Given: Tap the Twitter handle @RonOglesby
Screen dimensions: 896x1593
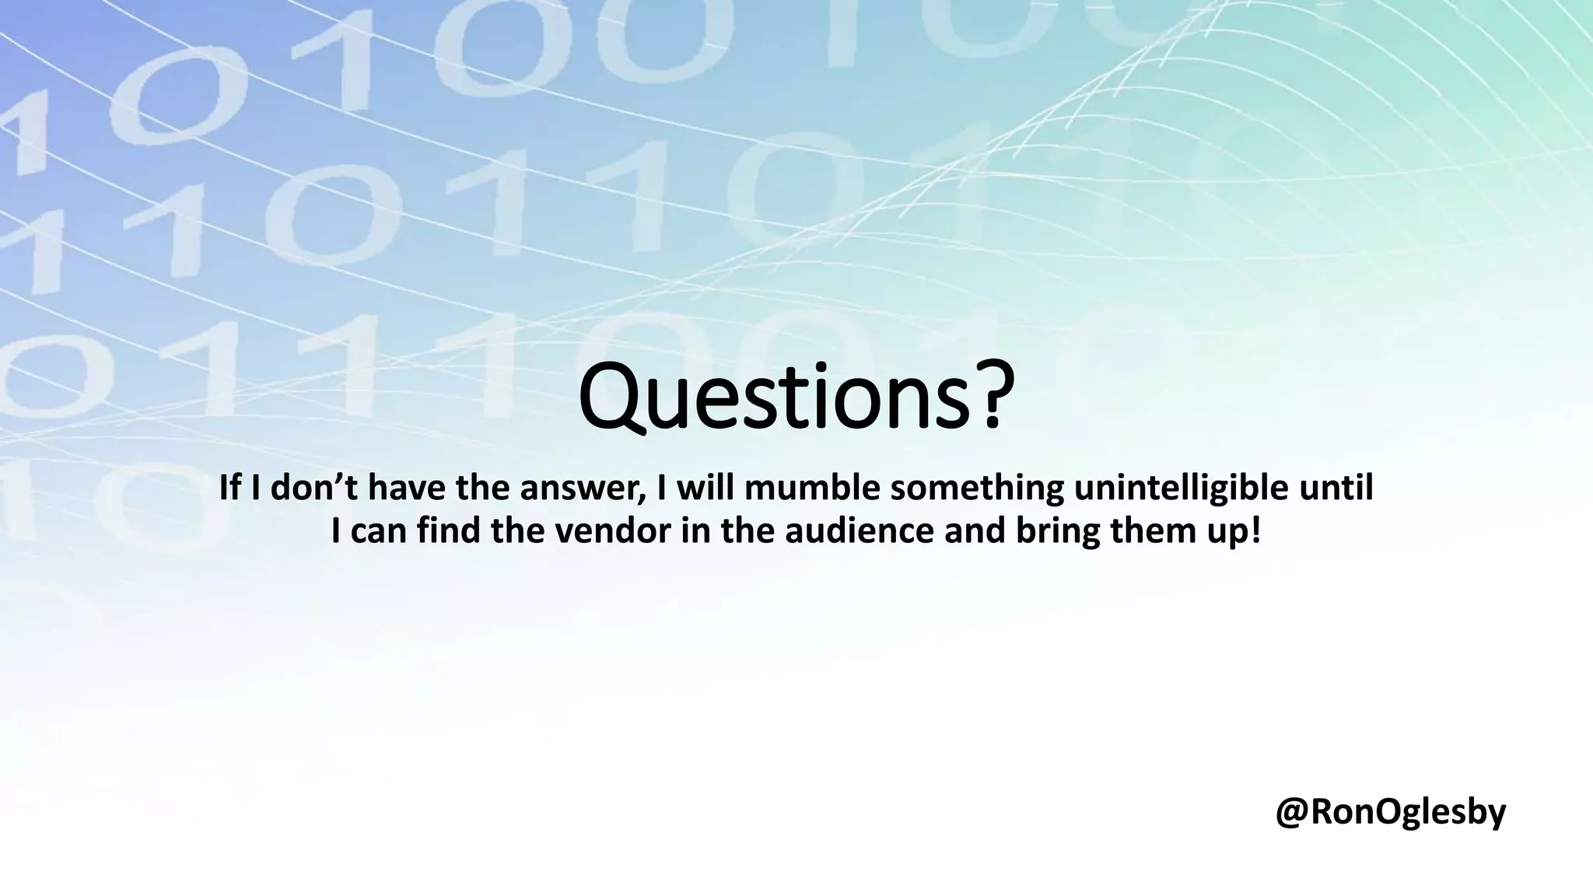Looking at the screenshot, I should pyautogui.click(x=1390, y=812).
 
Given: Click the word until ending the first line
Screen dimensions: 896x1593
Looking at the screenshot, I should pyautogui.click(x=1337, y=488).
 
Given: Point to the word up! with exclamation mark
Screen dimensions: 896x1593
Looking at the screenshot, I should pyautogui.click(x=1236, y=532).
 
